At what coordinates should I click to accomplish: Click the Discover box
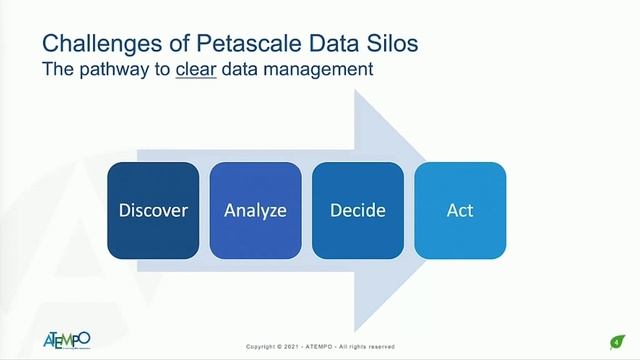[153, 210]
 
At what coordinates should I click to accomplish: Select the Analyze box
[255, 210]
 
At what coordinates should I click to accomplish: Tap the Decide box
[357, 210]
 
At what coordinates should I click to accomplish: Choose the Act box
[460, 210]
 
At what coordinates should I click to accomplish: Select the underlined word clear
[196, 71]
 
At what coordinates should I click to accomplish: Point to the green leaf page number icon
[617, 340]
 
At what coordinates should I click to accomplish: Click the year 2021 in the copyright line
[300, 347]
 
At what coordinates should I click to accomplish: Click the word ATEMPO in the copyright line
[326, 347]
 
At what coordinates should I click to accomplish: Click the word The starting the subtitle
[57, 71]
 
